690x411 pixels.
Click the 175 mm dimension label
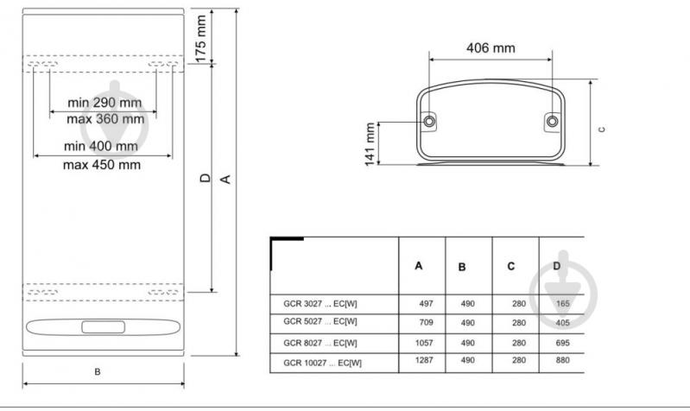pyautogui.click(x=200, y=39)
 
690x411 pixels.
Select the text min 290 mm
pyautogui.click(x=104, y=103)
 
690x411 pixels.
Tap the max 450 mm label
pyautogui.click(x=102, y=165)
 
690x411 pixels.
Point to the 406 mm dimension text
pyautogui.click(x=491, y=48)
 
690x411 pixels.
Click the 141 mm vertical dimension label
pyautogui.click(x=370, y=144)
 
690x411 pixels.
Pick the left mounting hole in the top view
pyautogui.click(x=429, y=121)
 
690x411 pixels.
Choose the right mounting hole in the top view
pyautogui.click(x=553, y=121)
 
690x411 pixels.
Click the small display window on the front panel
pyautogui.click(x=103, y=327)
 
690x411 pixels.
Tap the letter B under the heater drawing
pyautogui.click(x=98, y=372)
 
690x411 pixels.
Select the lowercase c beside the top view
pyautogui.click(x=602, y=130)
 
